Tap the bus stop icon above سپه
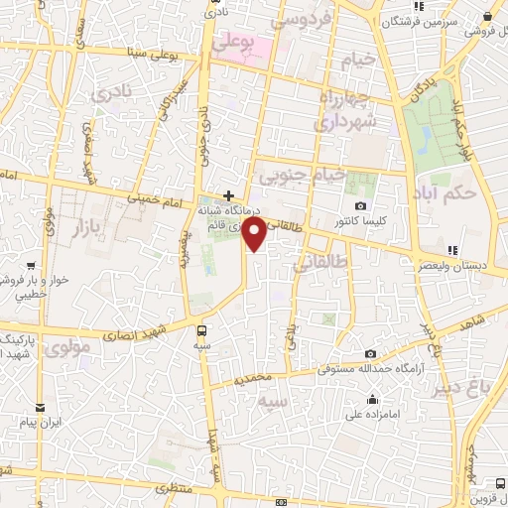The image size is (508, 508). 202,330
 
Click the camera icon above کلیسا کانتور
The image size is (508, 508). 360,205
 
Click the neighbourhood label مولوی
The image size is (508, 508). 67,348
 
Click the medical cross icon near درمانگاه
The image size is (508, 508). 229,195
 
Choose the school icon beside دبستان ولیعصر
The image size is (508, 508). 452,249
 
